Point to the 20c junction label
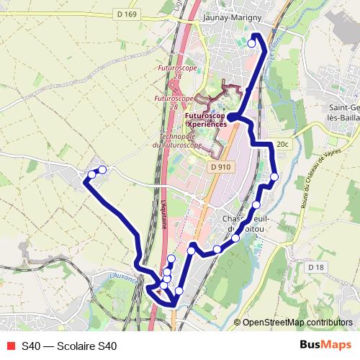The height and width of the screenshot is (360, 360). (x=282, y=145)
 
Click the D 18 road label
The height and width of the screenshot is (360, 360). (x=315, y=267)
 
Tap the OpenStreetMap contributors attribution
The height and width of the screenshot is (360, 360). (x=297, y=322)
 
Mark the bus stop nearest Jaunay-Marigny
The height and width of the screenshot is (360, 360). (x=251, y=44)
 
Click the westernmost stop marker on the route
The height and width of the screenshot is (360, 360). (x=91, y=174)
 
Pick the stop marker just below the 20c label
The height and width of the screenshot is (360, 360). (x=274, y=176)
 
